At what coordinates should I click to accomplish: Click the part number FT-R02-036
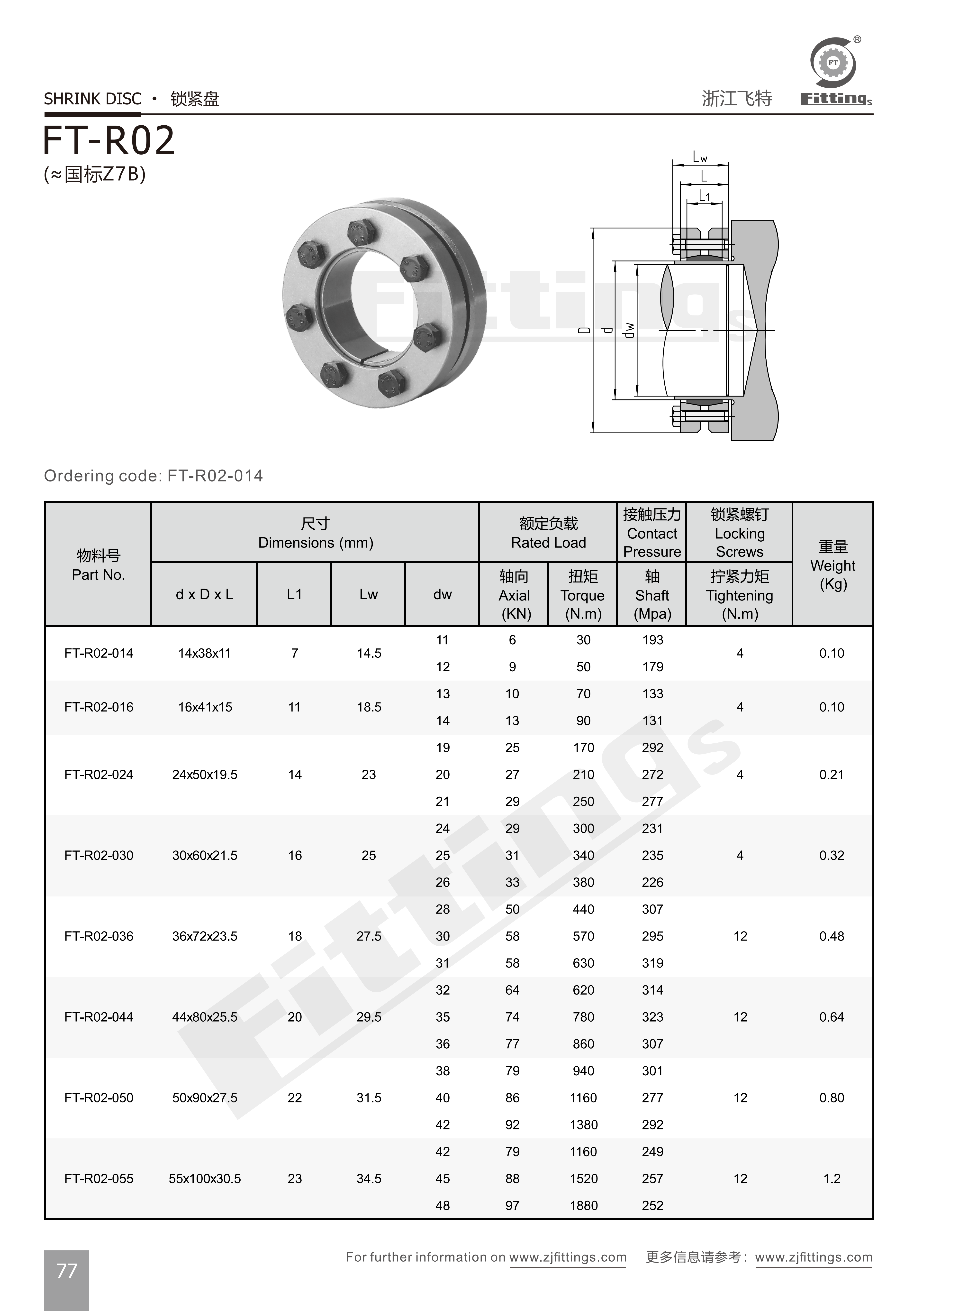[99, 936]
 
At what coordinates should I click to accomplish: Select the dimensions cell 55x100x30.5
[205, 1179]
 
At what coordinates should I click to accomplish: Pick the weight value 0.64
[832, 1017]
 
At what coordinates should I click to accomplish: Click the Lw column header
[369, 594]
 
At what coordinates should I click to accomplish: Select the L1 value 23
[295, 1179]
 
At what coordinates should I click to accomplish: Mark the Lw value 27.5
[369, 936]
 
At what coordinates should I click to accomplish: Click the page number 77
[66, 1270]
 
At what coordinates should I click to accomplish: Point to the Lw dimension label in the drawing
[700, 157]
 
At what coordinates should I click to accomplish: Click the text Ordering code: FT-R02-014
[153, 476]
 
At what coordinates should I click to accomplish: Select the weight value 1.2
[832, 1179]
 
